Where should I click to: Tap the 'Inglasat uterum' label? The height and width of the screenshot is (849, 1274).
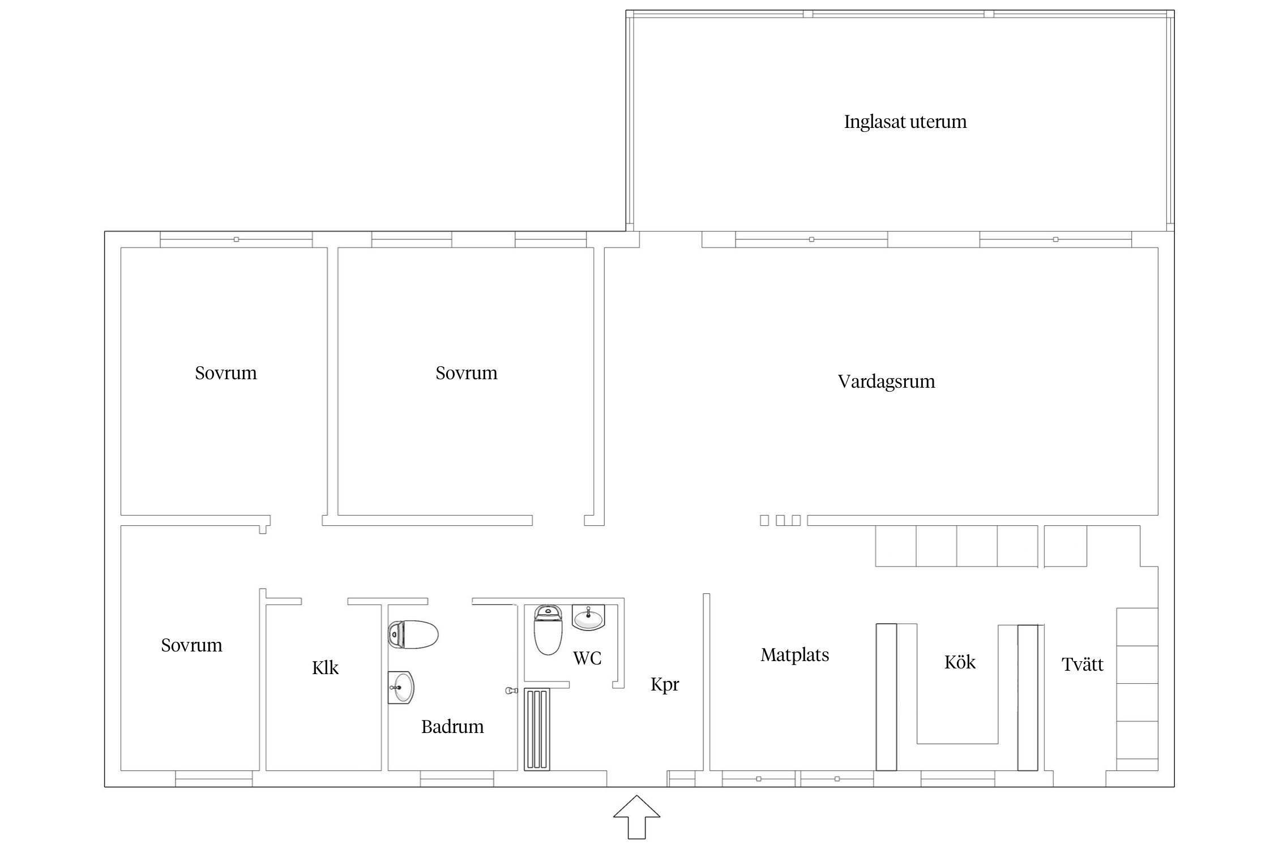[905, 122]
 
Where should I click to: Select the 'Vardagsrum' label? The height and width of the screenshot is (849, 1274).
[886, 382]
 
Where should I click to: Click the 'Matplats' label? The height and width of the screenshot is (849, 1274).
[794, 655]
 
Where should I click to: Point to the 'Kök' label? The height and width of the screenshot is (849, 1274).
[960, 662]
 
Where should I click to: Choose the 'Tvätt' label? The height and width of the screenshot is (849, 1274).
[1082, 664]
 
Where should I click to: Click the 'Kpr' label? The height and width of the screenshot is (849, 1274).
[664, 685]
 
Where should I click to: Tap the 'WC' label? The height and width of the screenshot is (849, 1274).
[587, 658]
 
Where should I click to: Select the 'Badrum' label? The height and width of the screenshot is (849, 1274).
[452, 727]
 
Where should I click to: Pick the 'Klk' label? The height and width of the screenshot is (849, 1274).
[325, 668]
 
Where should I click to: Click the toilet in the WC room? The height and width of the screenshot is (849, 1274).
[548, 630]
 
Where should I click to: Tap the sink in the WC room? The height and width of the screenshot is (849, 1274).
[588, 618]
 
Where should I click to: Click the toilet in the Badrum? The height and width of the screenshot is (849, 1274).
[413, 634]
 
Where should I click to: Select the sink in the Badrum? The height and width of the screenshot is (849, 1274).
[401, 687]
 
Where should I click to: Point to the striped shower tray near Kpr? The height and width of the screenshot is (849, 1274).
[537, 729]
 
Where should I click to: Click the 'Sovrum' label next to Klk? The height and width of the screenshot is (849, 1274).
[191, 646]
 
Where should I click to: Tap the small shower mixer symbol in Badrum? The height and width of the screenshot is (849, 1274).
[511, 691]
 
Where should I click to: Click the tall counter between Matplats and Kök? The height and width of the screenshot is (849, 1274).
[886, 697]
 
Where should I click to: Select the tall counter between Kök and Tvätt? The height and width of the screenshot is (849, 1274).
[1028, 697]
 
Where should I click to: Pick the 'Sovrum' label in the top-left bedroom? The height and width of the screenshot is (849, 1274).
[226, 374]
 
